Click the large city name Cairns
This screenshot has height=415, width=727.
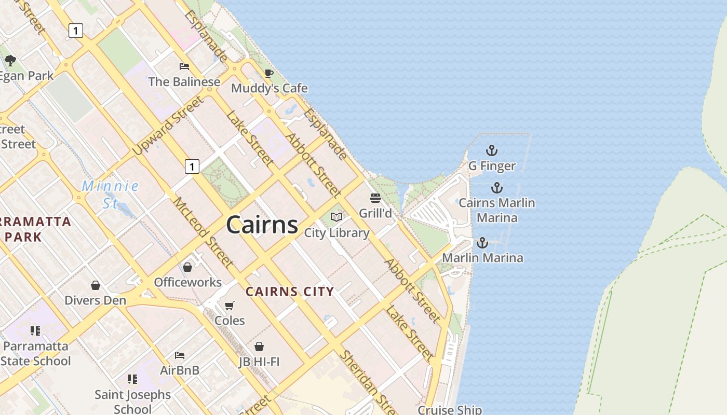262,225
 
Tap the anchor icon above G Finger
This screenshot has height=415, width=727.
491,151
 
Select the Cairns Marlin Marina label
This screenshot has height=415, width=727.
496,210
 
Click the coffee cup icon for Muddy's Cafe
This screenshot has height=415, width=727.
268,74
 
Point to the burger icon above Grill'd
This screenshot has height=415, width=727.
375,198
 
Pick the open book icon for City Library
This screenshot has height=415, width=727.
336,217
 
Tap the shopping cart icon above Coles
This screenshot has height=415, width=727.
230,306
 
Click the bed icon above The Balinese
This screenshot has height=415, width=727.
184,66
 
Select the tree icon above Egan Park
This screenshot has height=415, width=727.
10,61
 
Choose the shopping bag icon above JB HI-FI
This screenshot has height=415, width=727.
259,346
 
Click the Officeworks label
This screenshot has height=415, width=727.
187,283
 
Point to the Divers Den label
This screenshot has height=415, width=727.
95,300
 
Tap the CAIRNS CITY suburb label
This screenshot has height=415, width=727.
290,292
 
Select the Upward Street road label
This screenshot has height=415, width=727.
167,126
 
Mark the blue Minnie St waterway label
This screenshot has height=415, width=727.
110,194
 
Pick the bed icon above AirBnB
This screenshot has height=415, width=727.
180,355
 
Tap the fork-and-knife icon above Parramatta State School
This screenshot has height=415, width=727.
35,330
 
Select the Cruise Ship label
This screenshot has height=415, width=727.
450,410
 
